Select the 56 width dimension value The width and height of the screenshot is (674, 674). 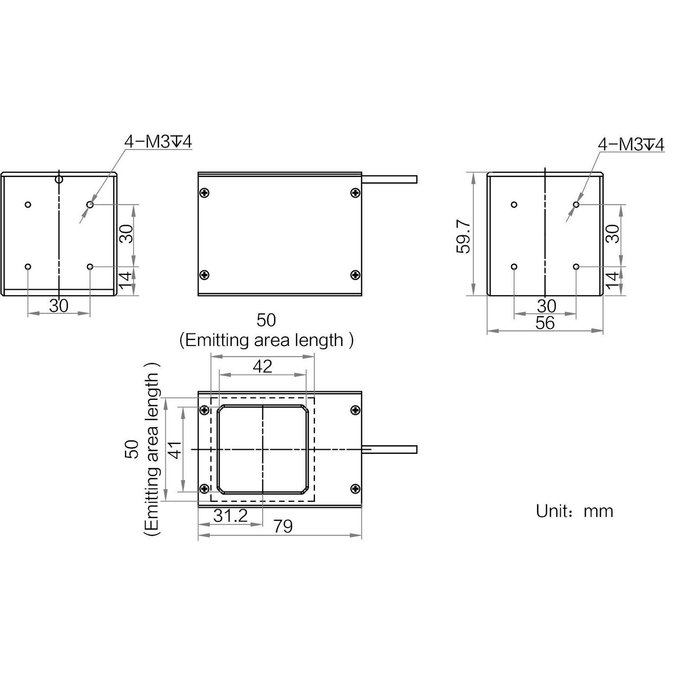(545, 323)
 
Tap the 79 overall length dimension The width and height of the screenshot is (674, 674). (283, 526)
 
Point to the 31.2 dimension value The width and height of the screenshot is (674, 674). (231, 516)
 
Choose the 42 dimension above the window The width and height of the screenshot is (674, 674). (262, 367)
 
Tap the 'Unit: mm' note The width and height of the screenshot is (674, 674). (574, 511)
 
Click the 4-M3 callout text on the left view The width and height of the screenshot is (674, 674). (158, 142)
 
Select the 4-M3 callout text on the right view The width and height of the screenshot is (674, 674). (630, 145)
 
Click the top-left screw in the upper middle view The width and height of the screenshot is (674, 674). (204, 193)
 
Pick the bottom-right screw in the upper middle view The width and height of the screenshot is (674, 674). (355, 275)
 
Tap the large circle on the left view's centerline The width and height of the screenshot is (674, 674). (59, 180)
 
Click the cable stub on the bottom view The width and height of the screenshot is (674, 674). (390, 449)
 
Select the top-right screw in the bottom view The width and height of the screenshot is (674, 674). (355, 410)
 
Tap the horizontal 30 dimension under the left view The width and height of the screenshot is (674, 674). (59, 306)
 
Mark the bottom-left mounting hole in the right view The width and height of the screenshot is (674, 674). (514, 267)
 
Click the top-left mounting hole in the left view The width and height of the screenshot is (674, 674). (28, 205)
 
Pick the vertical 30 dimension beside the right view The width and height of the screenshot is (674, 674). (613, 234)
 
